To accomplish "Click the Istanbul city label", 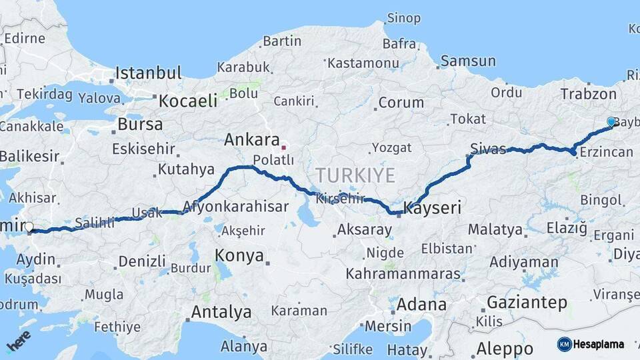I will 148,72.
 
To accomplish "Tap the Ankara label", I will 251,140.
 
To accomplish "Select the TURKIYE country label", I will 355,175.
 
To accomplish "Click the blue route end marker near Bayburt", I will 611,121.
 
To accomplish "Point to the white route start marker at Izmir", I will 29,227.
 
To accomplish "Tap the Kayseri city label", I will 433,208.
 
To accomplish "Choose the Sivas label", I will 488,148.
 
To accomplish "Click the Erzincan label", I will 607,153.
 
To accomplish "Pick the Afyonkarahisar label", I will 237,206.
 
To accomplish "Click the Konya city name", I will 239,256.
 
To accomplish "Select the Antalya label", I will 221,311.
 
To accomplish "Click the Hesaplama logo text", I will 599,344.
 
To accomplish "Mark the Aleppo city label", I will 505,349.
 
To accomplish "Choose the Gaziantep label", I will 527,302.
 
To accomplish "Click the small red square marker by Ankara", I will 284,147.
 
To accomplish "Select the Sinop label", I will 404,18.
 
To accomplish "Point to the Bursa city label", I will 139,124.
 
